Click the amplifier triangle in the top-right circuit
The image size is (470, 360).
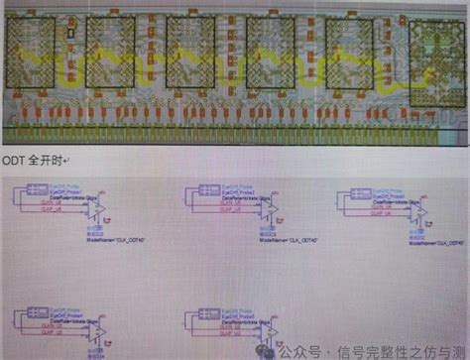click(x=421, y=212)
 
